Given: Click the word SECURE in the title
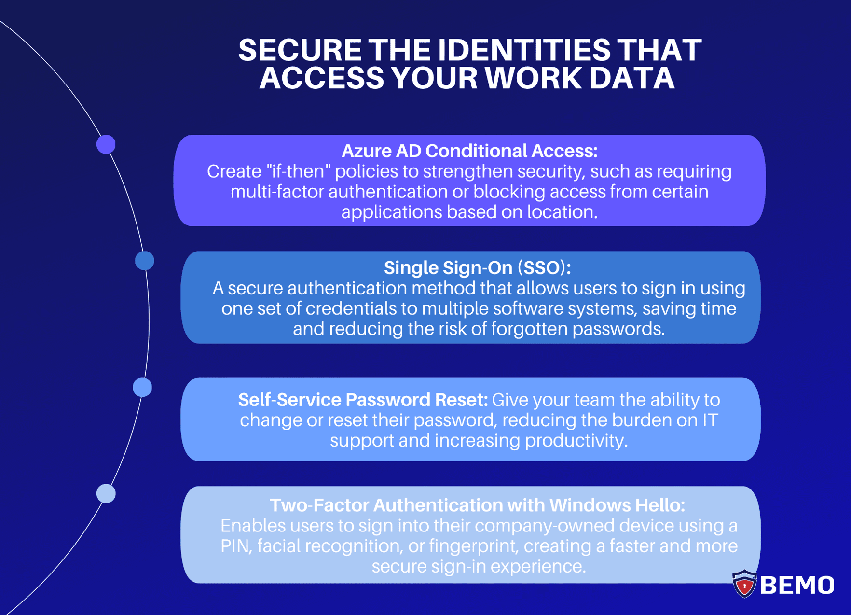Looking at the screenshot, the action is (x=300, y=50).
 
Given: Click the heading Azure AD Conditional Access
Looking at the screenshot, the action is (x=469, y=151).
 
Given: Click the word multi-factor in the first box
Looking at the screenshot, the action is (x=277, y=192).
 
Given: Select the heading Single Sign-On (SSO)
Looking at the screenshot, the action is (x=477, y=268).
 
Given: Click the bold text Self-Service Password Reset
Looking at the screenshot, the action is (x=363, y=400).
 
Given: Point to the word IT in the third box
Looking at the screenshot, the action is (x=710, y=420).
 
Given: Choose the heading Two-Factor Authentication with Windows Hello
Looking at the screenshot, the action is (x=477, y=505).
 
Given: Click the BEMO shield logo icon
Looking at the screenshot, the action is (x=744, y=584).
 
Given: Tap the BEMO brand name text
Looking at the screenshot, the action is (x=797, y=585).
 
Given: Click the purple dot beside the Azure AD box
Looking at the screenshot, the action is (x=106, y=144).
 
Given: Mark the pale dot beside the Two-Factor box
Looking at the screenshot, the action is (x=106, y=493).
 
